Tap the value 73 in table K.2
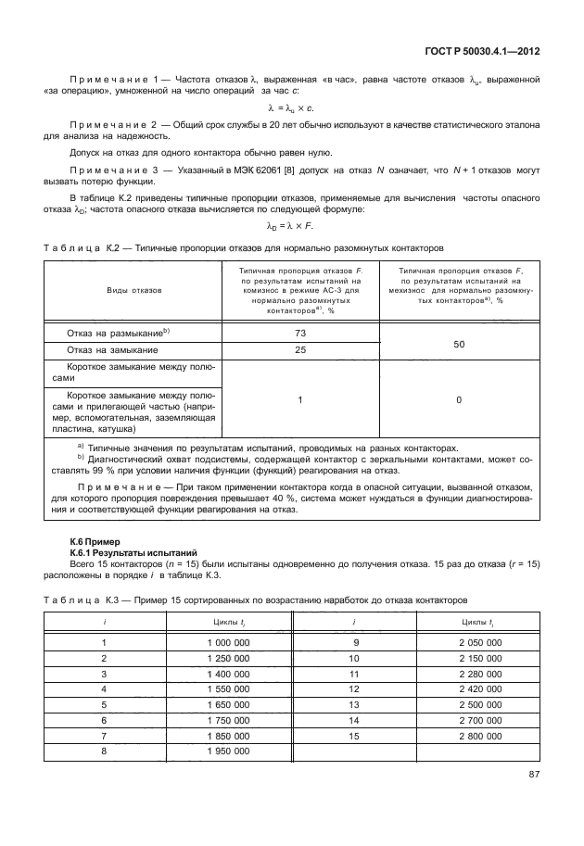click(x=299, y=332)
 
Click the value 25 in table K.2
click(x=299, y=350)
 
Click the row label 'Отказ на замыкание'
click(x=112, y=350)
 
